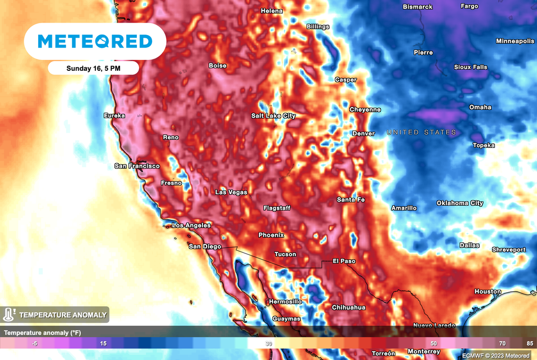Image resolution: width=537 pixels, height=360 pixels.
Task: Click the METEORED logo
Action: click(95, 41)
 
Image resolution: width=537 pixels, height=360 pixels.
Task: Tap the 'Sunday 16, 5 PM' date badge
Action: click(93, 68)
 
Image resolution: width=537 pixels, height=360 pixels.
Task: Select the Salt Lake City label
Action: click(273, 116)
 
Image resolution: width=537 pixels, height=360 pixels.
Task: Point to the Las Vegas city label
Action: click(231, 193)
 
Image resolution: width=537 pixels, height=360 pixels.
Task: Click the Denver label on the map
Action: click(363, 134)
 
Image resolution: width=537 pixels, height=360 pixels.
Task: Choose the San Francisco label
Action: click(137, 166)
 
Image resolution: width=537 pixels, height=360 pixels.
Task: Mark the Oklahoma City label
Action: click(460, 203)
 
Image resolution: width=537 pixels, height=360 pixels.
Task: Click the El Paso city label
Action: click(344, 261)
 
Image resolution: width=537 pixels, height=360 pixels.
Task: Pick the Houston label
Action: click(488, 292)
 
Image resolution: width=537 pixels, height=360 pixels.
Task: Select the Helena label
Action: click(272, 11)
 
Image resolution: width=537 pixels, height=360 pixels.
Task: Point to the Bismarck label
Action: click(417, 7)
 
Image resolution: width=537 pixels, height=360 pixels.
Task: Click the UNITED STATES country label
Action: click(421, 132)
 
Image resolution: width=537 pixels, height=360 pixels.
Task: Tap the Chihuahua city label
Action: click(349, 308)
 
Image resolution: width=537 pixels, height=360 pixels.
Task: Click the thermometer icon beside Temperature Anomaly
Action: click(8, 315)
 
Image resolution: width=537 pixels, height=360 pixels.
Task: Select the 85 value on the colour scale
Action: click(529, 343)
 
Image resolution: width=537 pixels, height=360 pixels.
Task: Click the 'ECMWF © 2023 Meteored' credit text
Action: click(496, 356)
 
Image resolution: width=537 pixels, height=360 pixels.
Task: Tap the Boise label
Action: click(218, 66)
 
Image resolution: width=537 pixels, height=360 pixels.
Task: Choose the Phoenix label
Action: click(271, 235)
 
